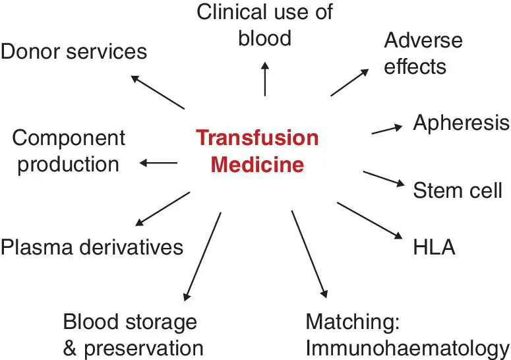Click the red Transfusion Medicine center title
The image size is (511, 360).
[257, 151]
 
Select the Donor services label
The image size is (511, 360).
[73, 51]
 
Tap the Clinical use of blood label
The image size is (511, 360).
[265, 24]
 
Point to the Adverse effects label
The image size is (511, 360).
[423, 53]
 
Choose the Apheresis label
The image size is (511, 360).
[461, 123]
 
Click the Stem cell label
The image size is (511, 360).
[458, 191]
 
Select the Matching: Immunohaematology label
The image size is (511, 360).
[407, 335]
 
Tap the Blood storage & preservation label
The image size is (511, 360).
[133, 335]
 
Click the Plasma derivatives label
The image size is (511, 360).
[92, 247]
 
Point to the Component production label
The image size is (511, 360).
[68, 151]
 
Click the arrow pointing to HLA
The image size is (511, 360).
[369, 220]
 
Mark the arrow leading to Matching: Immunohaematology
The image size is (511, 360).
[309, 254]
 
